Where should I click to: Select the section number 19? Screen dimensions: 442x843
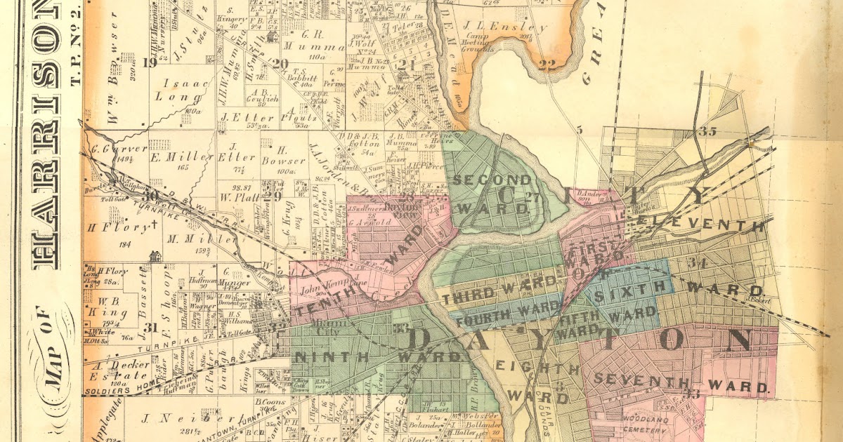coord(148,63)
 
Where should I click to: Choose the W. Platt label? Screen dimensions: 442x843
coord(235,197)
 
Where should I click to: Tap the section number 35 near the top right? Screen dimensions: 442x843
coord(707,131)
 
